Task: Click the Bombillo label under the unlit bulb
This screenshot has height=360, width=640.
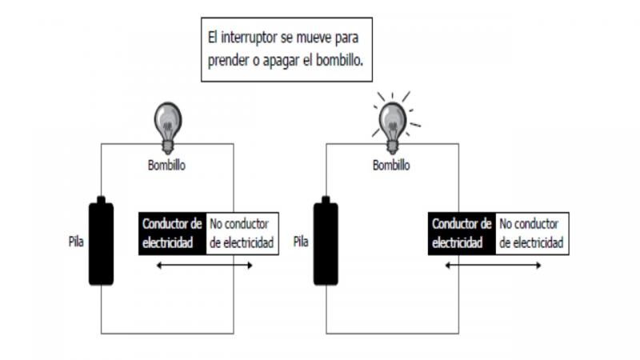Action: (x=167, y=166)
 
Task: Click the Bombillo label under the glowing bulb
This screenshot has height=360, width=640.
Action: (x=392, y=166)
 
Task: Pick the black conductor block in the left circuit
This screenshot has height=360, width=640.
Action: (x=171, y=234)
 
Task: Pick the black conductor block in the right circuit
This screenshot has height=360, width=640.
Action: (x=462, y=234)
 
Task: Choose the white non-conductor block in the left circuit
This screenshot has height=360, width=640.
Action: (x=242, y=234)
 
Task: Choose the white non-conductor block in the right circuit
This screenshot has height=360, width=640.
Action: (x=533, y=234)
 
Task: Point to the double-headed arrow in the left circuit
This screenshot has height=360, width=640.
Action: (x=204, y=265)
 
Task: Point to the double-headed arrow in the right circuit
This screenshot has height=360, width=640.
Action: (x=494, y=265)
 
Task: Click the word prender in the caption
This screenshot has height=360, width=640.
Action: (x=229, y=59)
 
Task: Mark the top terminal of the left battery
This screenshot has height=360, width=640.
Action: (x=101, y=199)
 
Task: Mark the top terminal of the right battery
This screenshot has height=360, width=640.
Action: (x=326, y=199)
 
